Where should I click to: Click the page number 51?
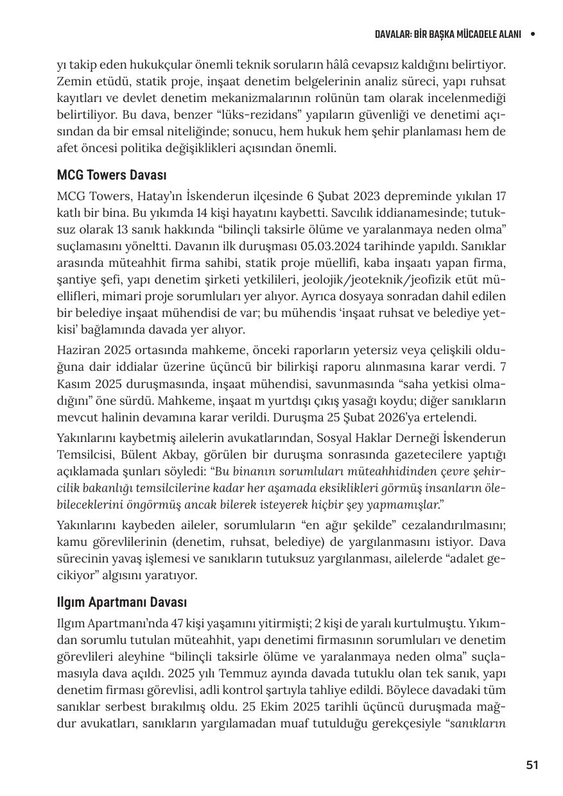(x=532, y=765)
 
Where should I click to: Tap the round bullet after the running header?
(x=532, y=34)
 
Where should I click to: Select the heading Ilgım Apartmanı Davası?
(x=121, y=603)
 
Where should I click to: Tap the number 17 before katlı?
(x=501, y=196)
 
